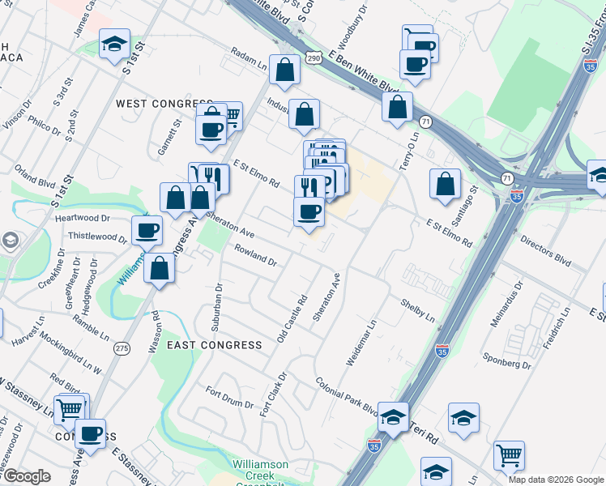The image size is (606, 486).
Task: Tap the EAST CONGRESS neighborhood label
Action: (x=214, y=345)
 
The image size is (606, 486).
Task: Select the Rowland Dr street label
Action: (x=255, y=256)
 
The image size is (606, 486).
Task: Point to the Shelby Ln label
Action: (x=417, y=308)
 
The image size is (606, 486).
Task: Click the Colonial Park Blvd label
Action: (x=347, y=397)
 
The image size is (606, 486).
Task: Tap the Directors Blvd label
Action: (x=545, y=253)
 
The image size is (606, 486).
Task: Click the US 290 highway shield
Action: (x=316, y=57)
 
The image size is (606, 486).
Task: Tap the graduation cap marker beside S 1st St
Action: (x=114, y=44)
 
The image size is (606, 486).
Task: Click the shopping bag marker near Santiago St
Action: (x=445, y=184)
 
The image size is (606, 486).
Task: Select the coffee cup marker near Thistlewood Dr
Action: (x=146, y=231)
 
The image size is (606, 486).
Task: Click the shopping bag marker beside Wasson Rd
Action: (x=160, y=268)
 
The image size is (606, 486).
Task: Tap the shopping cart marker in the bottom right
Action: (x=508, y=456)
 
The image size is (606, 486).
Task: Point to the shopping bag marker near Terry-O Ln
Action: (x=397, y=108)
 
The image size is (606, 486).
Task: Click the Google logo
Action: (x=27, y=476)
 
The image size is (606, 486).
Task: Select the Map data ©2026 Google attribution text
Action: (x=556, y=480)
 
